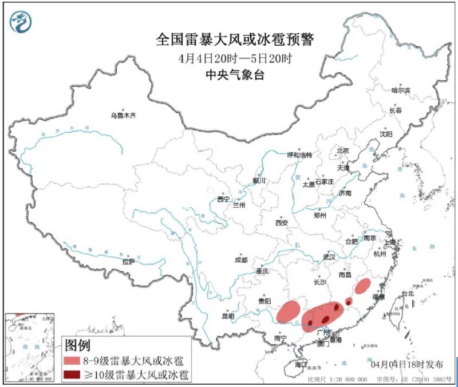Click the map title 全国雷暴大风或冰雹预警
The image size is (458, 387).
tap(235, 40)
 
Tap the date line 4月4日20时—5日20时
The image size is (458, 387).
tap(235, 58)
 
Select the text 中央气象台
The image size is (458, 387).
tap(235, 74)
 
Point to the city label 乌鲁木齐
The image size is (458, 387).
tap(124, 116)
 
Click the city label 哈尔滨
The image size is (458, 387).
tap(401, 90)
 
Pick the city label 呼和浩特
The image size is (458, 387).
tap(299, 155)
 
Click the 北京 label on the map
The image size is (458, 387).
tap(342, 151)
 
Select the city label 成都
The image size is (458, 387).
tap(241, 260)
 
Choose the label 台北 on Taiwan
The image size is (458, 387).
tap(407, 294)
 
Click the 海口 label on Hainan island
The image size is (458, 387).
tap(301, 364)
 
